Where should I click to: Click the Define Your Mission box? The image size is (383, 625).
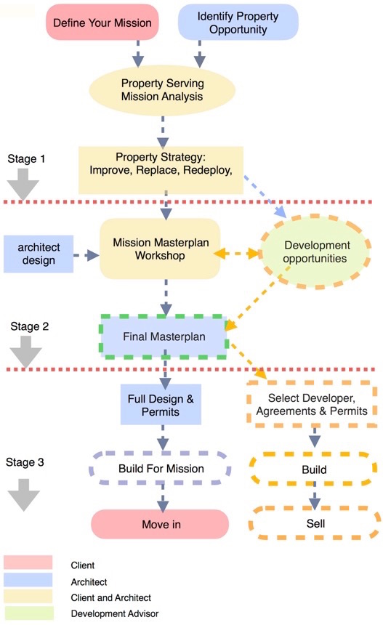point(102,23)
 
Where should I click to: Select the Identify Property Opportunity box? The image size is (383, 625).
point(238,23)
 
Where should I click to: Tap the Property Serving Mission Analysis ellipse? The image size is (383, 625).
point(162,89)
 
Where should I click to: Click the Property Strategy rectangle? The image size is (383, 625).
point(161,170)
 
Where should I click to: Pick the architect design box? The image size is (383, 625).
point(39,254)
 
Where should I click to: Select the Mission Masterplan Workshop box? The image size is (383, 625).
point(160,249)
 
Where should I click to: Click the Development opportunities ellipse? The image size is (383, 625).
point(315,251)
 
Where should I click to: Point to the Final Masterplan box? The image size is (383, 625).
point(164,336)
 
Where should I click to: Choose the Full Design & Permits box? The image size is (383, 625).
point(161,405)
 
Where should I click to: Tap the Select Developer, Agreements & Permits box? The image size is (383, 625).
point(312,404)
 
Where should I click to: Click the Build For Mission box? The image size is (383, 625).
point(161,468)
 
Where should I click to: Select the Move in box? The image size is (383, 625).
point(160,524)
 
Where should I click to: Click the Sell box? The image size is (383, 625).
point(315,523)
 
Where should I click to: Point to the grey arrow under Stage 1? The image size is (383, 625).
point(23,184)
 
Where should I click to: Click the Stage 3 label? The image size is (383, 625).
point(25,462)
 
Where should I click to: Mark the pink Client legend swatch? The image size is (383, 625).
point(28,562)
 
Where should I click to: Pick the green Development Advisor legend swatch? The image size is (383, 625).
point(28,613)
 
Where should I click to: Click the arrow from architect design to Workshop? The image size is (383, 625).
point(86,255)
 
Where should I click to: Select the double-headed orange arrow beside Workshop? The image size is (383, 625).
point(238,253)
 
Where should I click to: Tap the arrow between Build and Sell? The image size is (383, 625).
point(315,496)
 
